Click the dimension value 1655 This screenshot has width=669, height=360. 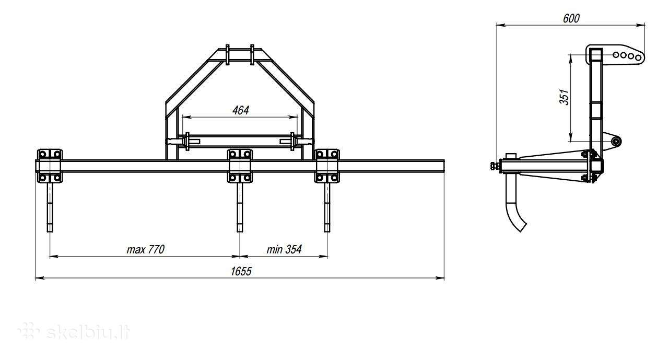click(241, 271)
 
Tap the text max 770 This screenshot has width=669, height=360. click(146, 249)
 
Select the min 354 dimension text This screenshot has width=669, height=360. click(284, 249)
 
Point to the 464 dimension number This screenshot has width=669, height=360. click(240, 110)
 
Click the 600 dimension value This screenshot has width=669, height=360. click(571, 18)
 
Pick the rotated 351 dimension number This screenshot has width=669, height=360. click(565, 97)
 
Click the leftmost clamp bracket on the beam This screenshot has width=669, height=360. click(49, 166)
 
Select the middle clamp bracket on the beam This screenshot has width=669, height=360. click(240, 166)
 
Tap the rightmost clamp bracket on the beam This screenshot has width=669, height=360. click(327, 166)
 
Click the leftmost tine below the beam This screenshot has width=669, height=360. click(50, 207)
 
